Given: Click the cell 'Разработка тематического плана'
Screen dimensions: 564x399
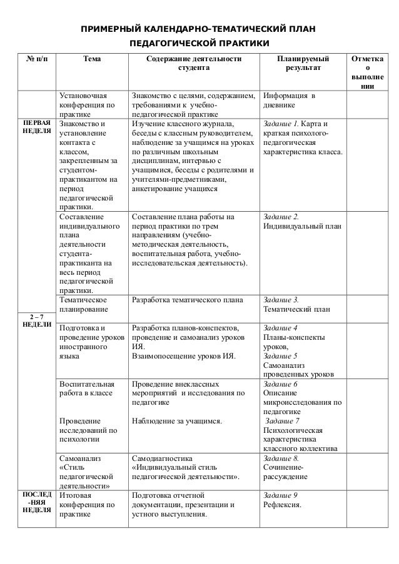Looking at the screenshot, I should [187, 299].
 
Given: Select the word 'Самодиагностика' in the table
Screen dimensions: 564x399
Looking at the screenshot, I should [163, 458].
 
